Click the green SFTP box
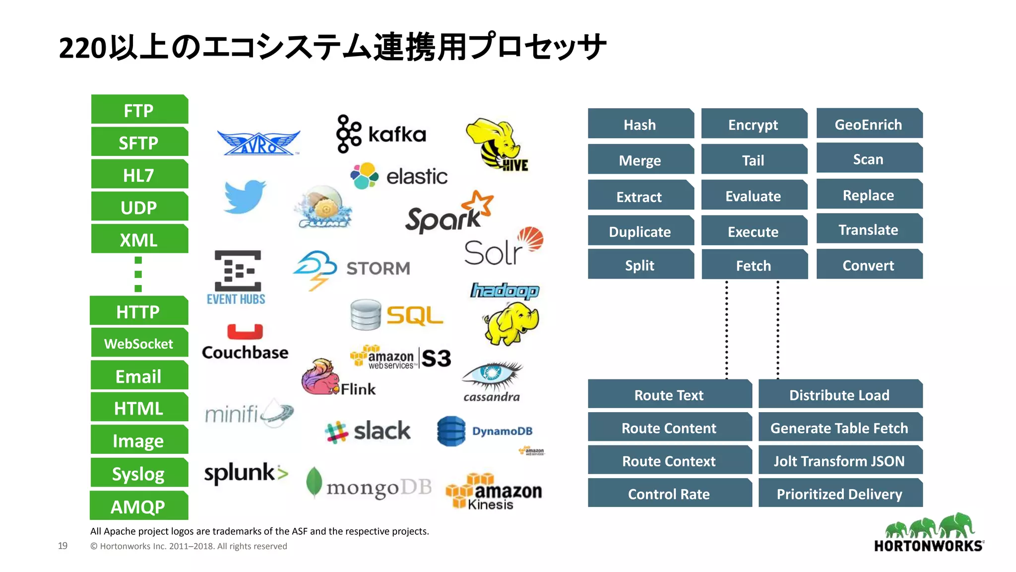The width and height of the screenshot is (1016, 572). click(139, 143)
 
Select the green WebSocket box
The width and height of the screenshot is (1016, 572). click(139, 343)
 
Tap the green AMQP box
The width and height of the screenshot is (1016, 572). click(138, 506)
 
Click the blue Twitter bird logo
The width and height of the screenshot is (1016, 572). click(244, 197)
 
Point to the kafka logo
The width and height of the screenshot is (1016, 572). click(381, 134)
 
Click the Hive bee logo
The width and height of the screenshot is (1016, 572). click(497, 144)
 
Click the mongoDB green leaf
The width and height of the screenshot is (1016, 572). click(314, 482)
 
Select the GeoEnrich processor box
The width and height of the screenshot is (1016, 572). click(869, 124)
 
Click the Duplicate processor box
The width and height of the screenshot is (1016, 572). click(640, 231)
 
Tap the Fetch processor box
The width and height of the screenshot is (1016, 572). click(754, 265)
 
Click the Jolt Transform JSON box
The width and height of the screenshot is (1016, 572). click(839, 461)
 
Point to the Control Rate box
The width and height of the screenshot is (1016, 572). click(669, 494)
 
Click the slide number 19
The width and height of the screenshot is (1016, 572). click(63, 546)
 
